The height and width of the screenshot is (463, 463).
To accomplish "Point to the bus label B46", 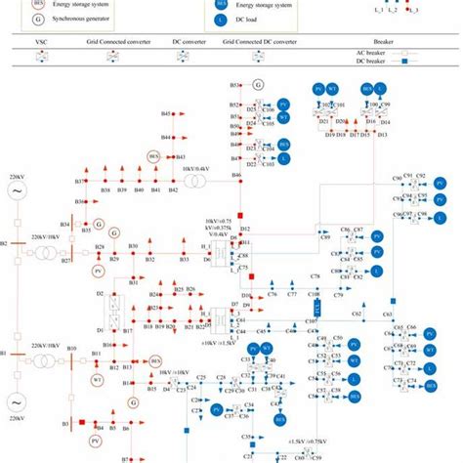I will click(x=236, y=175).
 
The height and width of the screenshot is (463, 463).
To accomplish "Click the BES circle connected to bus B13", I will click(x=154, y=361).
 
